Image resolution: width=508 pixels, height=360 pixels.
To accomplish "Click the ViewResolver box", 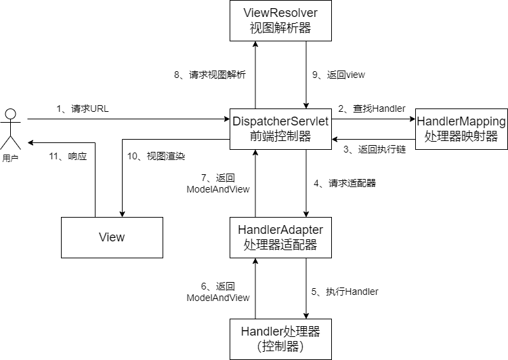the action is point(280,20).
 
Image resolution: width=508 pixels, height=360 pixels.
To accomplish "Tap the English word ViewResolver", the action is point(280,13).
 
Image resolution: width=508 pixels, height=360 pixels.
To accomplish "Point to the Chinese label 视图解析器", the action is point(280,28).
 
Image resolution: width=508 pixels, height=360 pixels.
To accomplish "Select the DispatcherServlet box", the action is point(280,129).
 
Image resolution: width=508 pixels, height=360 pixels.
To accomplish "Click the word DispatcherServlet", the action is point(280,121).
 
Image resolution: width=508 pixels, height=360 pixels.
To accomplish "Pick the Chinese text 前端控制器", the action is point(280,136).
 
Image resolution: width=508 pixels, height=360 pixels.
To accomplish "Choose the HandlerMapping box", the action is point(461,129).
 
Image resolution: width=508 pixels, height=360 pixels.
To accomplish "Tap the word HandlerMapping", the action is point(461,121).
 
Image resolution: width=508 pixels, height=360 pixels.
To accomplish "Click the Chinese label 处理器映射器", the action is point(461,136).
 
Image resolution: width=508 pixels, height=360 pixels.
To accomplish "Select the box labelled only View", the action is point(112,237).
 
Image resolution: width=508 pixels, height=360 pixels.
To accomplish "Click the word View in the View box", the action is point(112,237).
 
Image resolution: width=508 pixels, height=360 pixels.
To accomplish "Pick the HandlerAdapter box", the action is point(280,237).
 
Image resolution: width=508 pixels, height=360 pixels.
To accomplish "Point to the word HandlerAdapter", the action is point(280,230).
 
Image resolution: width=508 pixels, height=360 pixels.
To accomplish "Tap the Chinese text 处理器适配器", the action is point(280,245).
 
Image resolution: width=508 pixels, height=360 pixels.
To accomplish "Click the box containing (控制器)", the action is point(280,339).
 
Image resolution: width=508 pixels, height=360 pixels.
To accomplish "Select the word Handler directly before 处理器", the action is point(261,332).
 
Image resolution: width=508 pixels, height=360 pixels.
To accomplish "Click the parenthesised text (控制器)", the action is point(280,347).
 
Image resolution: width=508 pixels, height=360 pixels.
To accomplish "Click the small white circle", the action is point(10,114).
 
